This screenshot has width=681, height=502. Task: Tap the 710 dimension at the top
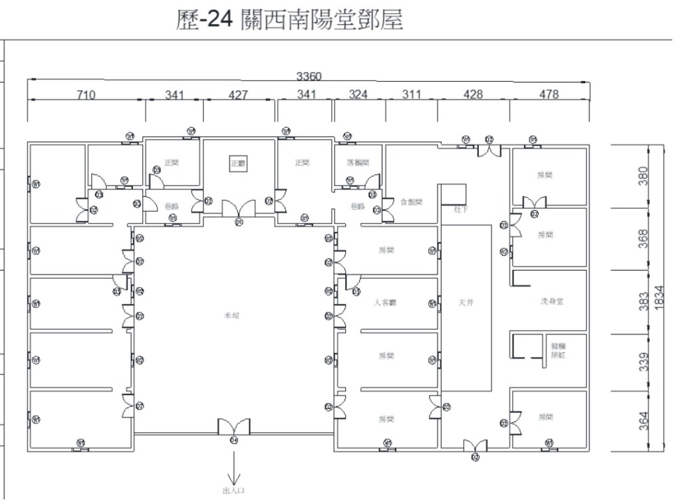tap(86, 95)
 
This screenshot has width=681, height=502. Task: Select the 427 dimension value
tap(237, 95)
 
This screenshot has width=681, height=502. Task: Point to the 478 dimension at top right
tap(549, 94)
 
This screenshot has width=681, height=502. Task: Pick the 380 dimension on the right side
tap(643, 176)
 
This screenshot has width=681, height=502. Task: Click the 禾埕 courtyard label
tap(231, 316)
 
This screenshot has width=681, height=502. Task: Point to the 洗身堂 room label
tap(552, 301)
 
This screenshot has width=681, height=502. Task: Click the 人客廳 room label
tap(386, 303)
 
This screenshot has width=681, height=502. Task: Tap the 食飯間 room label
tap(412, 202)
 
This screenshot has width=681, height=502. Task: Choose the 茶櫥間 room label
tap(358, 162)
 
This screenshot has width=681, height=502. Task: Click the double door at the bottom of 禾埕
tap(233, 428)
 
